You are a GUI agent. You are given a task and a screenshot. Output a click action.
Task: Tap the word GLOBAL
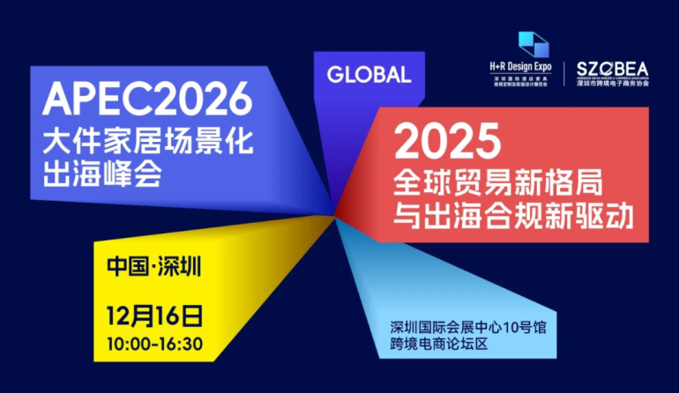pyautogui.click(x=369, y=75)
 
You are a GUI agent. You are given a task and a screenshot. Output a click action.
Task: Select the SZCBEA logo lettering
pyautogui.click(x=612, y=69)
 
